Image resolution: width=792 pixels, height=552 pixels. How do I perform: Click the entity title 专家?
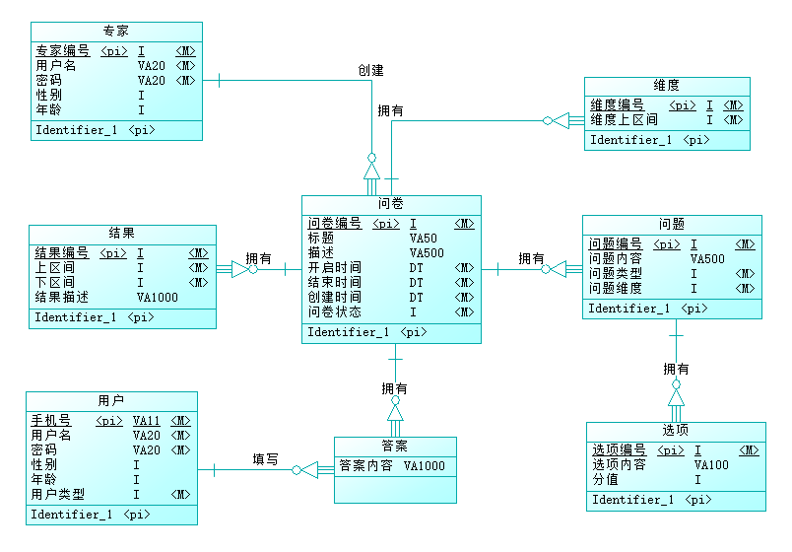[115, 32]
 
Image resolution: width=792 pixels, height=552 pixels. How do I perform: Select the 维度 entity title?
[666, 86]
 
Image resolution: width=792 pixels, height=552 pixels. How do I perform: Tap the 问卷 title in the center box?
[391, 204]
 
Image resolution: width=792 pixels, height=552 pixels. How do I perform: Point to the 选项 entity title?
[676, 431]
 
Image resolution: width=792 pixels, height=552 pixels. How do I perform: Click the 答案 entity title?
[395, 446]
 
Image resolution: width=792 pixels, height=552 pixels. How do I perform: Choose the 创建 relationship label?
[371, 71]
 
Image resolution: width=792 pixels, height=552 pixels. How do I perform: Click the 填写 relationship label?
[265, 459]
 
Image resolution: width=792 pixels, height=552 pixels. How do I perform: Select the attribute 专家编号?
[63, 51]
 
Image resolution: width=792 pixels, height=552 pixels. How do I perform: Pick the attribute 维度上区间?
[624, 120]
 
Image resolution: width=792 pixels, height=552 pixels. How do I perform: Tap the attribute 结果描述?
[62, 297]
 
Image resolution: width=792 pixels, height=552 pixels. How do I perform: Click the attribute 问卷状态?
[334, 312]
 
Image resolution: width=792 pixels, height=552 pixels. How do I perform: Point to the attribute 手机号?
[50, 421]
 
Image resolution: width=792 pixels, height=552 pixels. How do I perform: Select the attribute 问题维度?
[616, 289]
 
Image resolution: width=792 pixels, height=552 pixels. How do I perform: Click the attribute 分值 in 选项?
[605, 480]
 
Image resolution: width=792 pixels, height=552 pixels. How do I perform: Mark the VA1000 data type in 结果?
[158, 297]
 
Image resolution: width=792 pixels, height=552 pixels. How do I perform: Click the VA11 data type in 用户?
[147, 421]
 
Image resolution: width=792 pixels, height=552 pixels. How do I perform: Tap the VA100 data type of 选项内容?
[711, 465]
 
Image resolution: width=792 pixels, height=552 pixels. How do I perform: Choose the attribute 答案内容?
[366, 466]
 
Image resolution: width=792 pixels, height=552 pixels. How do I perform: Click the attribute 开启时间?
[334, 268]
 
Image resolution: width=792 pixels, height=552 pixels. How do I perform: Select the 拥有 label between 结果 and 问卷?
[259, 258]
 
